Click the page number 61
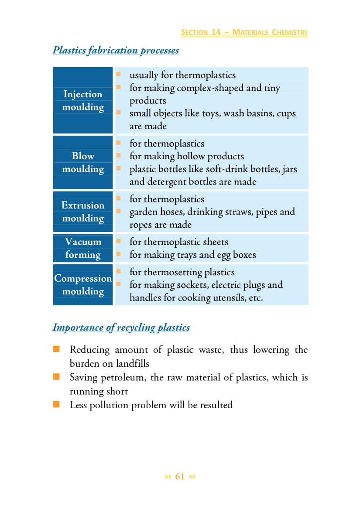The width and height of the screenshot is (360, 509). [180, 477]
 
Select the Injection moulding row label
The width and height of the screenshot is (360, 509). [83, 100]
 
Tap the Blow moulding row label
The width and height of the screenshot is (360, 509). [83, 162]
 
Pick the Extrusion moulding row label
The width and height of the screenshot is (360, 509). [83, 212]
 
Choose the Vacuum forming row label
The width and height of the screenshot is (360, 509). [83, 248]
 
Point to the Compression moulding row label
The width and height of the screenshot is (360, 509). [83, 284]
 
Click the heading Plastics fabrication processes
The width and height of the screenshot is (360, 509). [116, 50]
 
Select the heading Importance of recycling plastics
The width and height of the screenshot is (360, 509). [121, 327]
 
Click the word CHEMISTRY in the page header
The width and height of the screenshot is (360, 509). [289, 32]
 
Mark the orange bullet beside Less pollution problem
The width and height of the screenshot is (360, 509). [56, 405]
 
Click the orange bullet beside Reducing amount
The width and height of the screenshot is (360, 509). [56, 349]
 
